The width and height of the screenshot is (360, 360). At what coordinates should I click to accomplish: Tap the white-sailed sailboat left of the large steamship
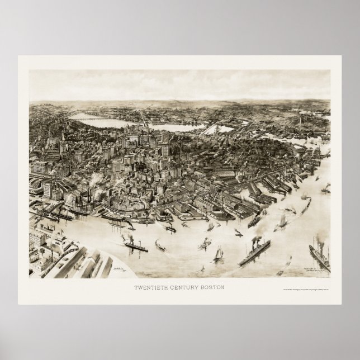point(217,254)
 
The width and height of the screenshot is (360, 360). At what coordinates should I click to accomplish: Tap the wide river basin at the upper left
point(101,119)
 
